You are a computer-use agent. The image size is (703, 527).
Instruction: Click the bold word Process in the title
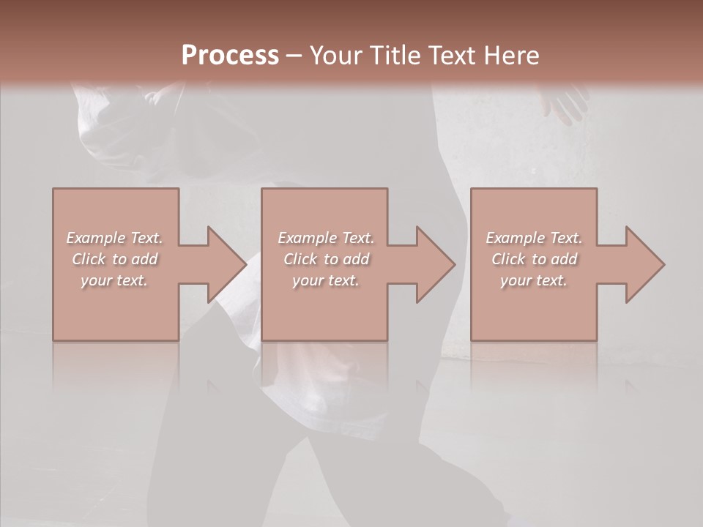click(230, 56)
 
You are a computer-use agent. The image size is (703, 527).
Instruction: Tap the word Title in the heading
click(395, 56)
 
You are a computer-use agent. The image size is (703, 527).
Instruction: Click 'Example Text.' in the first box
click(114, 238)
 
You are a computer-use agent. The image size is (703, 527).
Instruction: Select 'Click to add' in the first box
click(114, 259)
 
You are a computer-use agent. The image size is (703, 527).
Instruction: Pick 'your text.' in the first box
click(114, 280)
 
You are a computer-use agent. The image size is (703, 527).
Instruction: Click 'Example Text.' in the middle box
click(325, 238)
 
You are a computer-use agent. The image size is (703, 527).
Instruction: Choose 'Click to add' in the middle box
click(325, 259)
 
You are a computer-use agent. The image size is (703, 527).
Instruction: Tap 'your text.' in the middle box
click(325, 280)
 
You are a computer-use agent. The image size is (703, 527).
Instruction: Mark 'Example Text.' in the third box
click(534, 238)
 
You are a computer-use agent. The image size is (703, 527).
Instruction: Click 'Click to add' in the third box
click(534, 259)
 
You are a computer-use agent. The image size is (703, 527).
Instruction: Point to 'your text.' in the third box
click(534, 280)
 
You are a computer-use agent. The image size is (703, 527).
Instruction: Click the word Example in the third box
click(516, 238)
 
